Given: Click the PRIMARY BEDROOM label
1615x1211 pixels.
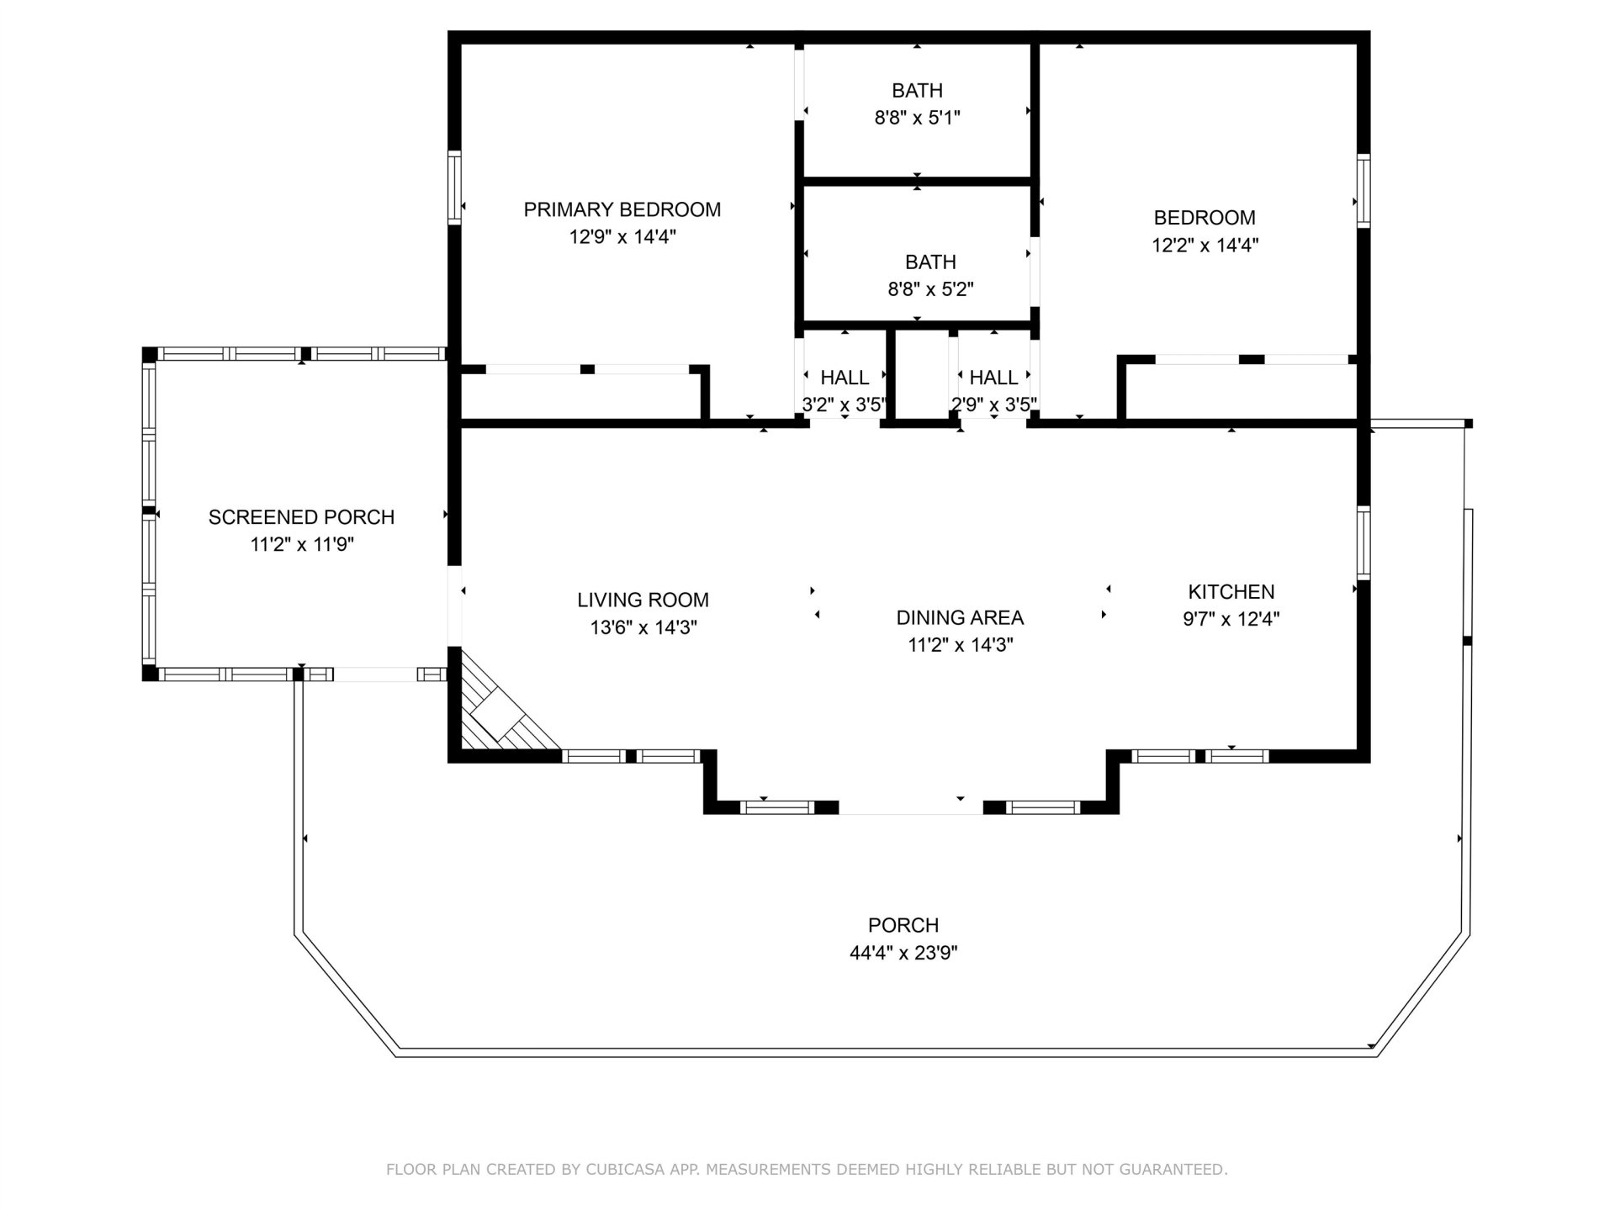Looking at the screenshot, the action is coord(622,209).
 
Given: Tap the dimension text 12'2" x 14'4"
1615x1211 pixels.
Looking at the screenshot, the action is coord(1205,246).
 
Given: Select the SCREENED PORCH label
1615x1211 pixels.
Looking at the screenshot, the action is coord(301,517).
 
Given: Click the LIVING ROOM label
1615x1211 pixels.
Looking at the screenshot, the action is coord(643,600).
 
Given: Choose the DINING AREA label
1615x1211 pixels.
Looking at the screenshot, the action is coord(960,617).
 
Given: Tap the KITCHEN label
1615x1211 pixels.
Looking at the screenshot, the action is coord(1231,591).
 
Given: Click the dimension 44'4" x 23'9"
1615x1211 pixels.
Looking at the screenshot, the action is coord(903,953).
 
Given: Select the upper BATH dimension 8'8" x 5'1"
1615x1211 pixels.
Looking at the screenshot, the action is coord(917,118).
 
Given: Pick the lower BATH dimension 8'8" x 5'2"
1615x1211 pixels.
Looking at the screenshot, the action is coord(930,289).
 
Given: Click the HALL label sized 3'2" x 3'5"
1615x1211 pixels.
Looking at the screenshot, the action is coord(845,378).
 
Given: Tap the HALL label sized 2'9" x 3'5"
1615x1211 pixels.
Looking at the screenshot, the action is coord(993,378).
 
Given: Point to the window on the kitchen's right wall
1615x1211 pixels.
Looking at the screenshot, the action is coord(1363,542).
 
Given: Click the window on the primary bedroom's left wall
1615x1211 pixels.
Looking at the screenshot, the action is coord(454,187).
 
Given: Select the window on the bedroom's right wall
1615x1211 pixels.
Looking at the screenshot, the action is coord(1363,191).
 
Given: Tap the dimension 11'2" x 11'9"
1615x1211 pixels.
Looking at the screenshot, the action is coord(301,545).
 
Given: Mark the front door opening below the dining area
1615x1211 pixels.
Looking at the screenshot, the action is coord(911,808).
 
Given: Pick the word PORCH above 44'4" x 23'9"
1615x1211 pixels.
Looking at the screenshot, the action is coord(903,925).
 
